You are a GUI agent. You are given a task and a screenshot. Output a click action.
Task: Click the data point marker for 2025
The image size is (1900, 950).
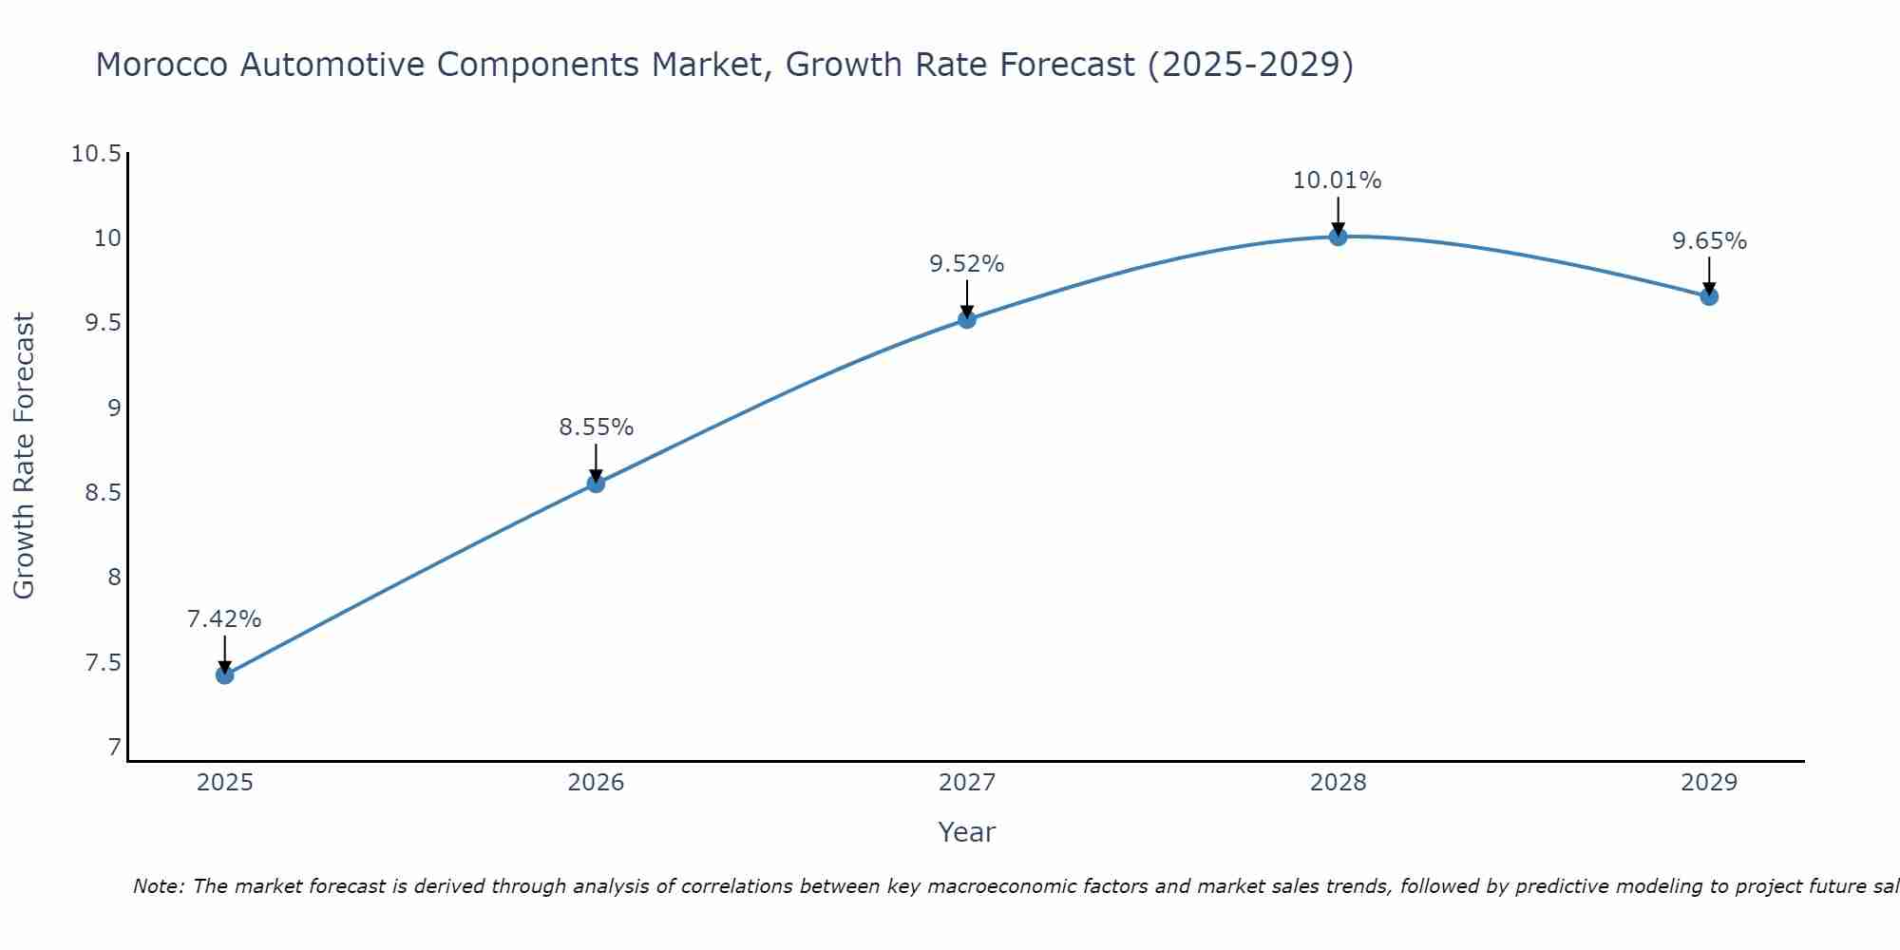(x=225, y=675)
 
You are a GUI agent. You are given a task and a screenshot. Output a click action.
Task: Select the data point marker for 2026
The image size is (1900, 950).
(x=596, y=484)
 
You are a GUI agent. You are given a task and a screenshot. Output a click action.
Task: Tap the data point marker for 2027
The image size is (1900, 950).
(x=967, y=319)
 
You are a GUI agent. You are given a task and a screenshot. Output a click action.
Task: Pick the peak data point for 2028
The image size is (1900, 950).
(x=1338, y=237)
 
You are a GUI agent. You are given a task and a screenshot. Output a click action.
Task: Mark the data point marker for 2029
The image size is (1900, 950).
(x=1709, y=296)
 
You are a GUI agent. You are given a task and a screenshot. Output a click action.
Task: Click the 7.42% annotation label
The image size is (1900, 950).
(x=224, y=619)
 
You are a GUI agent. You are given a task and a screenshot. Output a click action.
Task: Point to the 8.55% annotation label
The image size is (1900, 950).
(x=596, y=427)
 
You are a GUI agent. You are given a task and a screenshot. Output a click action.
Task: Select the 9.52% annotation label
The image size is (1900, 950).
(x=967, y=264)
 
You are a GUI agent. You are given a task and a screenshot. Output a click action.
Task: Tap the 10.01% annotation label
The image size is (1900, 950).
(x=1338, y=180)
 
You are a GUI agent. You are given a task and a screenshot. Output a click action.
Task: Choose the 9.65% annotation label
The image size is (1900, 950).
(x=1709, y=241)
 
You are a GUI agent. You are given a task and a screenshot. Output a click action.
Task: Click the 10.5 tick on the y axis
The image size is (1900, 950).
(x=97, y=154)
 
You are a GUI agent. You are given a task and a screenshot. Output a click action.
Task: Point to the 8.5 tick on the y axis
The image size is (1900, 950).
(x=103, y=493)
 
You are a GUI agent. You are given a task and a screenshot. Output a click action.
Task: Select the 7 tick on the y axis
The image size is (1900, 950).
(x=115, y=748)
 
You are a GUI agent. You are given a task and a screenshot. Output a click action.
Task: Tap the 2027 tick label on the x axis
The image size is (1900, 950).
(x=967, y=783)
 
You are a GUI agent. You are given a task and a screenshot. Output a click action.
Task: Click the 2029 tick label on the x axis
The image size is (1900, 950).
(x=1709, y=783)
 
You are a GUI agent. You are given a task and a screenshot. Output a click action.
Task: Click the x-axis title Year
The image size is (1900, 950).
(x=967, y=832)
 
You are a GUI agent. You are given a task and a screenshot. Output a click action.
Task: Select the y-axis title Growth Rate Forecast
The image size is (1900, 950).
(x=25, y=456)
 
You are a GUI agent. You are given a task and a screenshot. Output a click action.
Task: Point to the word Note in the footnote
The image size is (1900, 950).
(x=157, y=886)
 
